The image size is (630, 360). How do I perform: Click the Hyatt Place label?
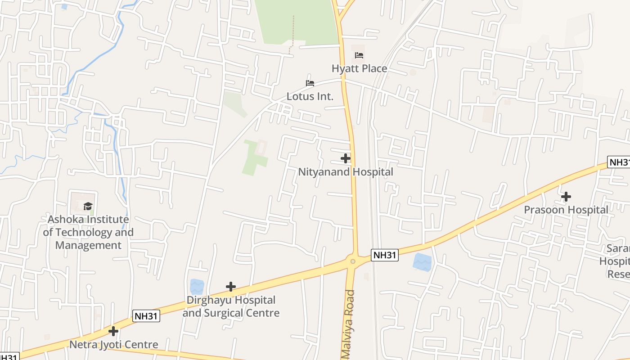[x=359, y=68]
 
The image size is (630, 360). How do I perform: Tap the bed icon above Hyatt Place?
[x=359, y=55]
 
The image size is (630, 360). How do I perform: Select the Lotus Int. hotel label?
[x=310, y=96]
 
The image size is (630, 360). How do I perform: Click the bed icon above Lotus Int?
[x=310, y=83]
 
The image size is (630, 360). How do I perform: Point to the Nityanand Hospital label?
[x=346, y=172]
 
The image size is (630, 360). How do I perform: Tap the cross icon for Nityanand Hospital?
[x=346, y=158]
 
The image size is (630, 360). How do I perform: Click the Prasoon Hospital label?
[x=566, y=210]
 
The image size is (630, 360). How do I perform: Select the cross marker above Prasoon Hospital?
[x=566, y=197]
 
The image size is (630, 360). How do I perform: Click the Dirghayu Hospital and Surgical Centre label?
[x=231, y=306]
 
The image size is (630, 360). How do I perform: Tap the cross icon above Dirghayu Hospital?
[x=231, y=287]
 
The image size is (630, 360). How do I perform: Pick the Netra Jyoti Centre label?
[x=113, y=345]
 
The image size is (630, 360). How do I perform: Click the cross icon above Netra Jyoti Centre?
[x=113, y=331]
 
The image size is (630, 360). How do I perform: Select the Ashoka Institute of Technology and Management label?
[x=88, y=232]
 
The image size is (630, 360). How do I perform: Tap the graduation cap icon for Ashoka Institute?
[x=88, y=206]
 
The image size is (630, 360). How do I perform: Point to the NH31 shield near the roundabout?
[x=385, y=255]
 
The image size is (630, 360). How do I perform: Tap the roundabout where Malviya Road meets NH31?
[x=353, y=261]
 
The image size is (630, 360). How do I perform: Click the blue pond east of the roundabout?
[x=422, y=262]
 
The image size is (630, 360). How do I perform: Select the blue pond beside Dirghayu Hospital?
[x=197, y=287]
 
